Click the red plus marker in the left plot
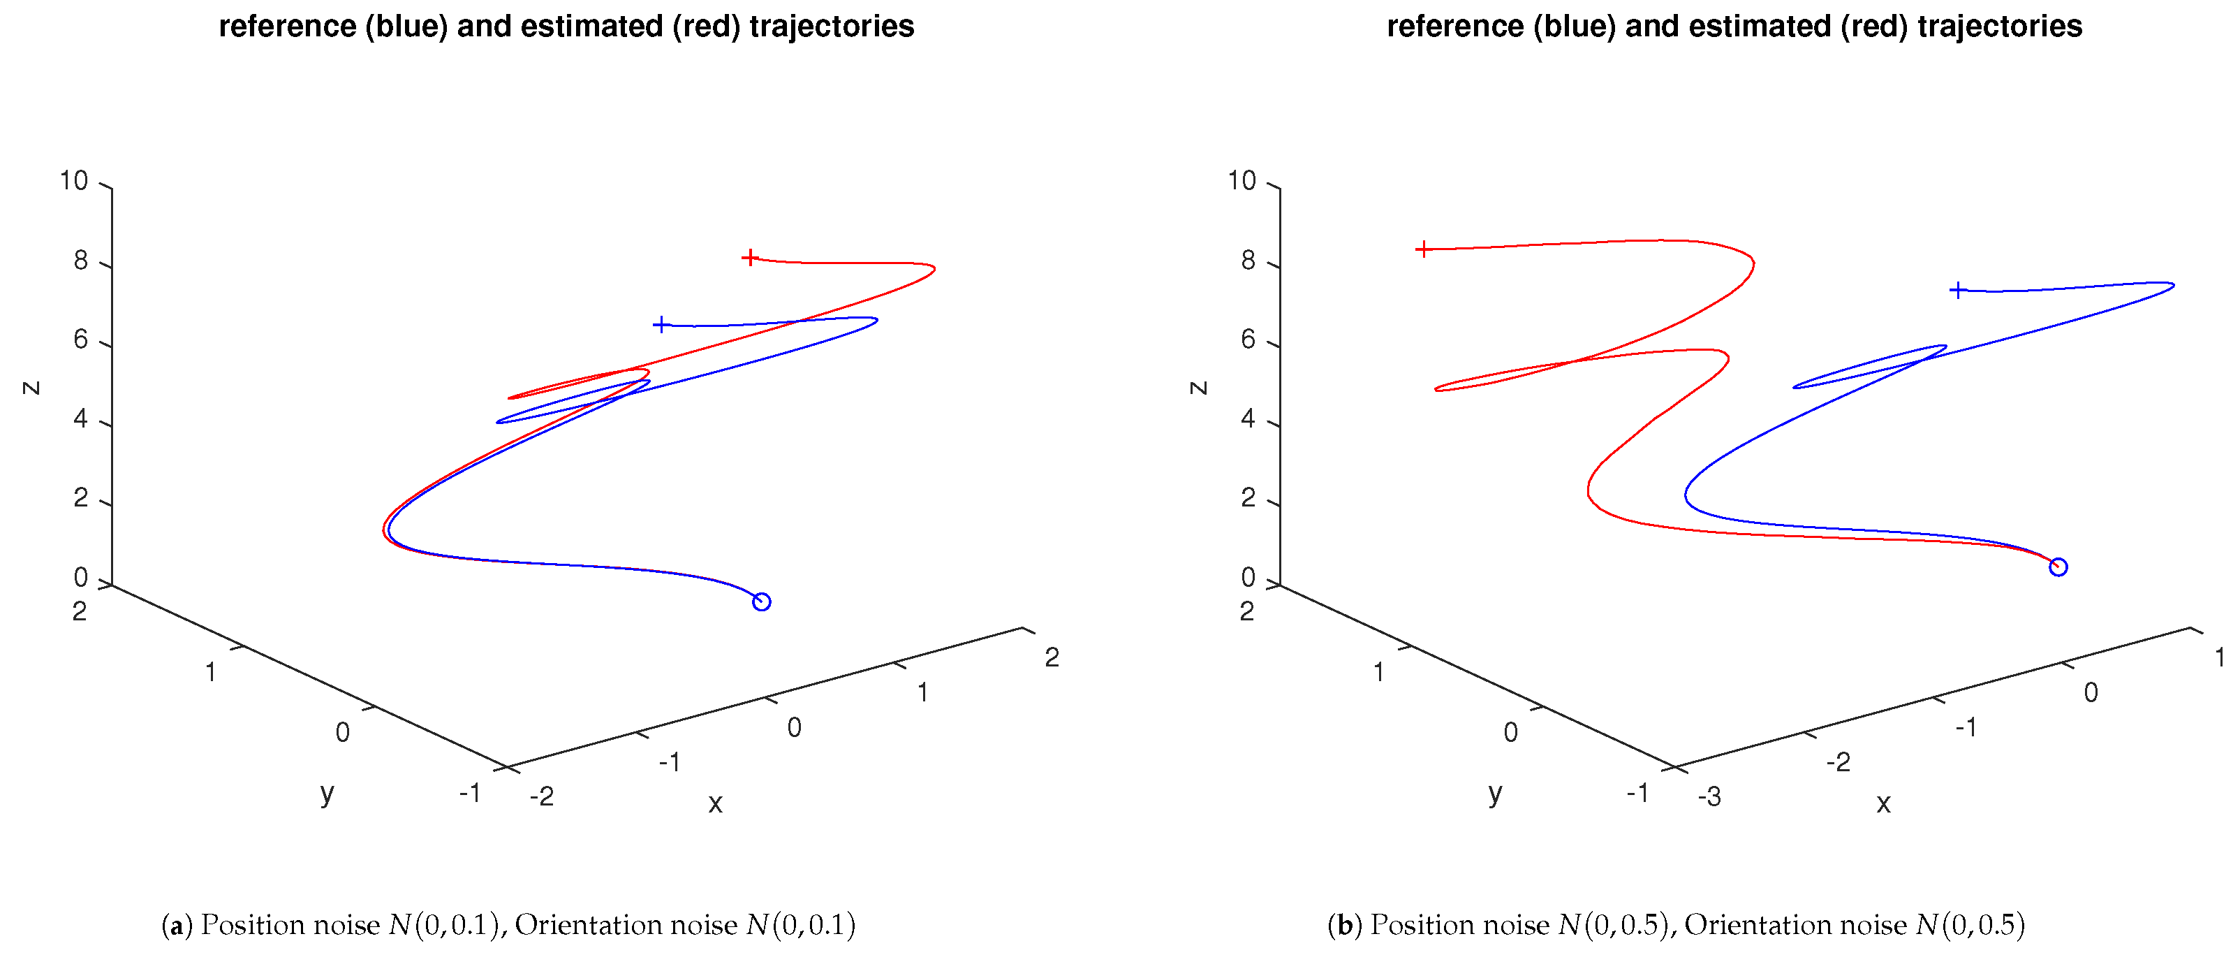(749, 258)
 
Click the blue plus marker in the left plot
(661, 326)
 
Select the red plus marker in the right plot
(1422, 249)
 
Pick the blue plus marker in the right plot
(1957, 291)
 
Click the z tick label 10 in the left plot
(74, 181)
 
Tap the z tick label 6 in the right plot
(1248, 340)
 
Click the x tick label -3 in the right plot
(1709, 796)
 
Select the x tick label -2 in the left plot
(542, 796)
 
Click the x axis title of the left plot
(715, 803)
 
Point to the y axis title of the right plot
(1495, 792)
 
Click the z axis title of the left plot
(31, 388)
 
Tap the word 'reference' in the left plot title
(287, 27)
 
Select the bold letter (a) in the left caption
(177, 926)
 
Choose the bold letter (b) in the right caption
(1344, 926)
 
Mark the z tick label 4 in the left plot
(80, 419)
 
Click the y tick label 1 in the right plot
(1378, 672)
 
